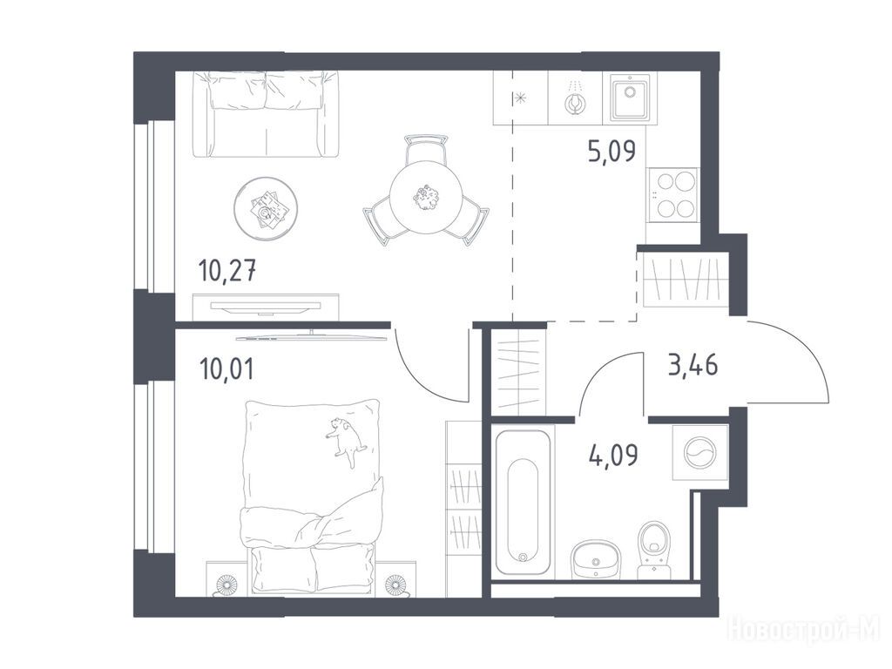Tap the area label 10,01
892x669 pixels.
pyautogui.click(x=226, y=368)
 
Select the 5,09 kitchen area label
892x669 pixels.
pyautogui.click(x=612, y=152)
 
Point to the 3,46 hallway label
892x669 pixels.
pyautogui.click(x=693, y=365)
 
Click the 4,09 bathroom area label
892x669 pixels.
pyautogui.click(x=614, y=455)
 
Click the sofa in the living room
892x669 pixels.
pyautogui.click(x=265, y=114)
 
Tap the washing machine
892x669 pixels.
pyautogui.click(x=700, y=453)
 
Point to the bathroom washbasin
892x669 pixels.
pyautogui.click(x=595, y=557)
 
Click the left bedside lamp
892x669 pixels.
pyautogui.click(x=227, y=585)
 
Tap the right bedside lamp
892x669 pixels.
pyautogui.click(x=394, y=585)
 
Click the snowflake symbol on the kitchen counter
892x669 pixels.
pyautogui.click(x=520, y=98)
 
